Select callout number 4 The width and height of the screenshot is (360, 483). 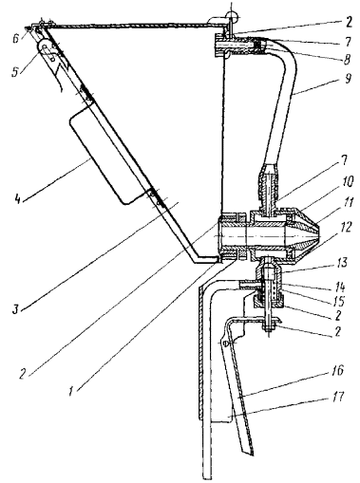(16, 198)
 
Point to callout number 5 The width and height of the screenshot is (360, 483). (14, 72)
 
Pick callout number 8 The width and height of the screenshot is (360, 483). (348, 59)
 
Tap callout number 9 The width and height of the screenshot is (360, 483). (349, 78)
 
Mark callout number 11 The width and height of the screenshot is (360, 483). (348, 202)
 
